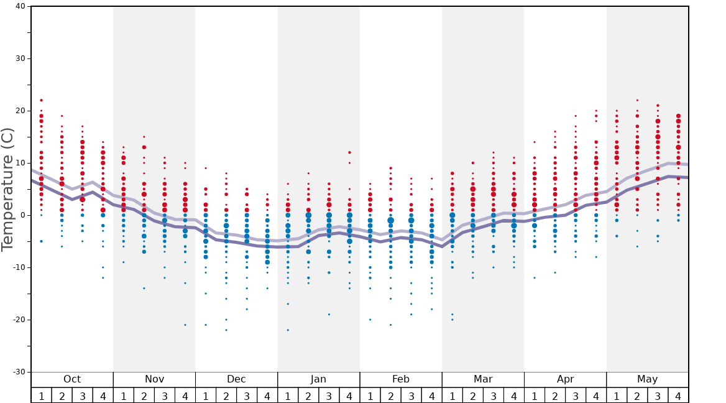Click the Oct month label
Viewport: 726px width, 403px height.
(72, 379)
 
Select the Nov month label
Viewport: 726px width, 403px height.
(154, 379)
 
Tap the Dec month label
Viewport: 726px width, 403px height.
(236, 379)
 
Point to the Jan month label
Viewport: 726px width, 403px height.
(318, 379)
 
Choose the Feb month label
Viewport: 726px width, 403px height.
(400, 379)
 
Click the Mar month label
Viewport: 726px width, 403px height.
(483, 379)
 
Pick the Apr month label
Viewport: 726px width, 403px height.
(565, 379)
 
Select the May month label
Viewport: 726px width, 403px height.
(647, 379)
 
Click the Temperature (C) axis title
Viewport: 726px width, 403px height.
(7, 189)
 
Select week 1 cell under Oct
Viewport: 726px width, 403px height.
(41, 396)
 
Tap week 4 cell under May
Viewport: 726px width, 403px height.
(678, 396)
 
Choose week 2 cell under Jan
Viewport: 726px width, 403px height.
(308, 396)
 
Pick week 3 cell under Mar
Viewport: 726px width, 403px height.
(493, 396)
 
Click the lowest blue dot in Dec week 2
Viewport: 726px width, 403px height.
(226, 330)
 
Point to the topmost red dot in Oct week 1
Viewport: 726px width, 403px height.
(41, 100)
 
